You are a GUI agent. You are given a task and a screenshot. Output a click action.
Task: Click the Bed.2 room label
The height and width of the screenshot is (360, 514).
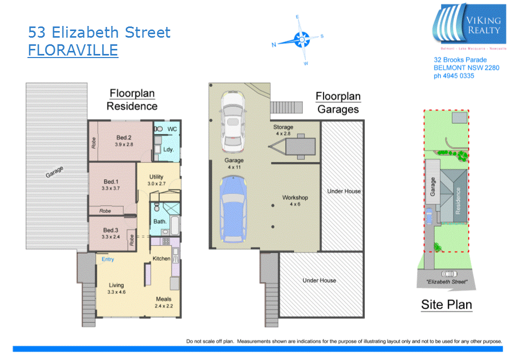[124, 137]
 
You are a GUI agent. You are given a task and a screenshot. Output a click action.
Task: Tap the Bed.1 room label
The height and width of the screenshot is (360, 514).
[110, 182]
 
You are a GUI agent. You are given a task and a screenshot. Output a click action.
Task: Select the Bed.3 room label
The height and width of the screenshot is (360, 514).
[110, 230]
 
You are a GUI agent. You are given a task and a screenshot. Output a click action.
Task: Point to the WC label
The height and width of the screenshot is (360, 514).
[172, 129]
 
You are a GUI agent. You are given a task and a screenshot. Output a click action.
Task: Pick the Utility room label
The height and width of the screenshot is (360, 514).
[156, 177]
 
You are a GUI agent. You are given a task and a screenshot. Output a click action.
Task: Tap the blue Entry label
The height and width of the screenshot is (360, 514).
[108, 259]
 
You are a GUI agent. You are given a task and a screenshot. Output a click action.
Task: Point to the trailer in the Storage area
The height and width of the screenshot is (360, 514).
[295, 145]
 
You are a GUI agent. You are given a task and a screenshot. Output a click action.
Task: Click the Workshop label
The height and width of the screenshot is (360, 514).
[295, 198]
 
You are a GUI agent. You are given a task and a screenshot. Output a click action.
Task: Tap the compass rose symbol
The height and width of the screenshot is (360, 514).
[302, 38]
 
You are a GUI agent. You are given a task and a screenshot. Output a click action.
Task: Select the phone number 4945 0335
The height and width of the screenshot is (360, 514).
[453, 76]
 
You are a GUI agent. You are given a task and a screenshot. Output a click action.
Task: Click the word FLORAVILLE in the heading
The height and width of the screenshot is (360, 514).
[73, 50]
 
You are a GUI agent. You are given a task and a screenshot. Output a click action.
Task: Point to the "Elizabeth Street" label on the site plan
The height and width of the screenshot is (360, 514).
[446, 282]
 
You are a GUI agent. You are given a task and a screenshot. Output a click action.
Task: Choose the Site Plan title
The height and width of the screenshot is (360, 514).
[446, 305]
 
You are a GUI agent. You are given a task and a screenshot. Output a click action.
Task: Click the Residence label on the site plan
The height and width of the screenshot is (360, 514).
[458, 200]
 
